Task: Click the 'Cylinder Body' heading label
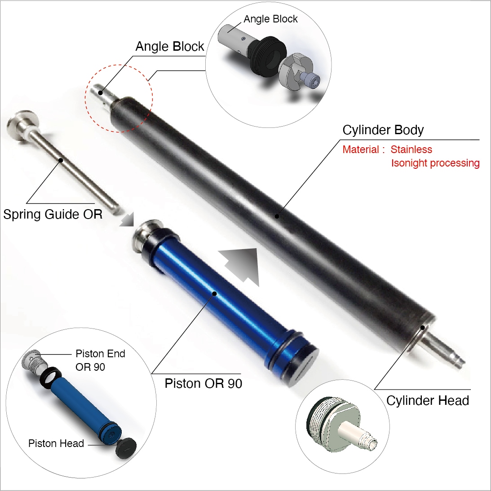[x=383, y=130]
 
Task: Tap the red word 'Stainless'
[x=411, y=149]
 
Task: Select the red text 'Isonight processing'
[x=435, y=163]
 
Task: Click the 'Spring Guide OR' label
[x=53, y=215]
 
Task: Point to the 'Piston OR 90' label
[x=203, y=384]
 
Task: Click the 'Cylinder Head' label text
[x=427, y=400]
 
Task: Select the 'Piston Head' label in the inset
[x=56, y=443]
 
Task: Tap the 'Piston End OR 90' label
[x=100, y=360]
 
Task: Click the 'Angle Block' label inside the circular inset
[x=270, y=19]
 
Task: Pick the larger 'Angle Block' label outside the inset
[x=169, y=46]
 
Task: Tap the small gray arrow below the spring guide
[x=128, y=219]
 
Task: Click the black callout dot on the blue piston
[x=215, y=294]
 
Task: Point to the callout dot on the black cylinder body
[x=277, y=216]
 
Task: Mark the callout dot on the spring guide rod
[x=61, y=160]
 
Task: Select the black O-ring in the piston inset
[x=50, y=378]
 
